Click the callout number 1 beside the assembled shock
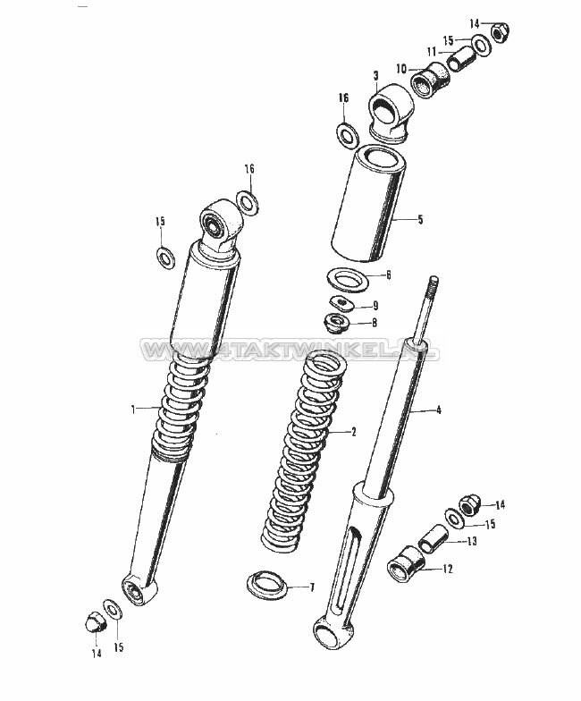(132, 409)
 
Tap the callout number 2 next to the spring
(354, 432)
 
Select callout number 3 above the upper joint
(375, 77)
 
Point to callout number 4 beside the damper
(438, 410)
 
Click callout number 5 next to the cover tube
(420, 220)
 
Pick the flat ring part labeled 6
(348, 279)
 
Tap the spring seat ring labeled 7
(267, 585)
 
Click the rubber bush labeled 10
(429, 80)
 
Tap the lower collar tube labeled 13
(433, 536)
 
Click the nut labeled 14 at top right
(501, 32)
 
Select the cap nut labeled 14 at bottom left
(95, 622)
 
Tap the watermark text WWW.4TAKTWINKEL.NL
(290, 349)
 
